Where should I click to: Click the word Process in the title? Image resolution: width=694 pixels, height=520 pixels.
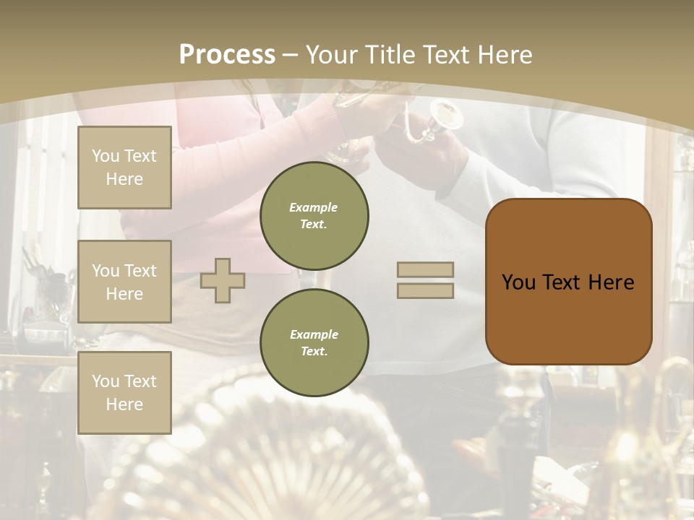[x=227, y=54]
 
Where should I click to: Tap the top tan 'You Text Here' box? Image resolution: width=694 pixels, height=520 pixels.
[x=124, y=168]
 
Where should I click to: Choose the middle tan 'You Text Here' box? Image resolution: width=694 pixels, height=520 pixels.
[x=124, y=282]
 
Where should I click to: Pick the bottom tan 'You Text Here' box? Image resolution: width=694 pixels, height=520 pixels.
[x=124, y=393]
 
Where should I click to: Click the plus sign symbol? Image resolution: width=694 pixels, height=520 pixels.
[x=223, y=280]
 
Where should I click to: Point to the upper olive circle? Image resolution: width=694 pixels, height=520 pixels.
[x=314, y=215]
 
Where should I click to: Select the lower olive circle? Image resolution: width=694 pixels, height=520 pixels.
[x=314, y=342]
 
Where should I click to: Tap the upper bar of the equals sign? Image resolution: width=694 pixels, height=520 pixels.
[x=425, y=270]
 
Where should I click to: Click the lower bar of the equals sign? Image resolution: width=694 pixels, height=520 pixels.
[x=425, y=291]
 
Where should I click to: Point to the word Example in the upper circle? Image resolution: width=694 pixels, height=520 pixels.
[x=314, y=207]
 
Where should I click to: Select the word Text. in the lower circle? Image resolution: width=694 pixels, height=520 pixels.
[x=314, y=351]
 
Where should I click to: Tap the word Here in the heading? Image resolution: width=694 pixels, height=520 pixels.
[x=504, y=54]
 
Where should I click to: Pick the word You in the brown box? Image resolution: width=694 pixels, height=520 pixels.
[x=518, y=282]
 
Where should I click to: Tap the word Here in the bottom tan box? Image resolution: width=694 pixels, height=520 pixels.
[x=124, y=404]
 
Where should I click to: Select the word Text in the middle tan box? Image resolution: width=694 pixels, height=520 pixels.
[x=140, y=271]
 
